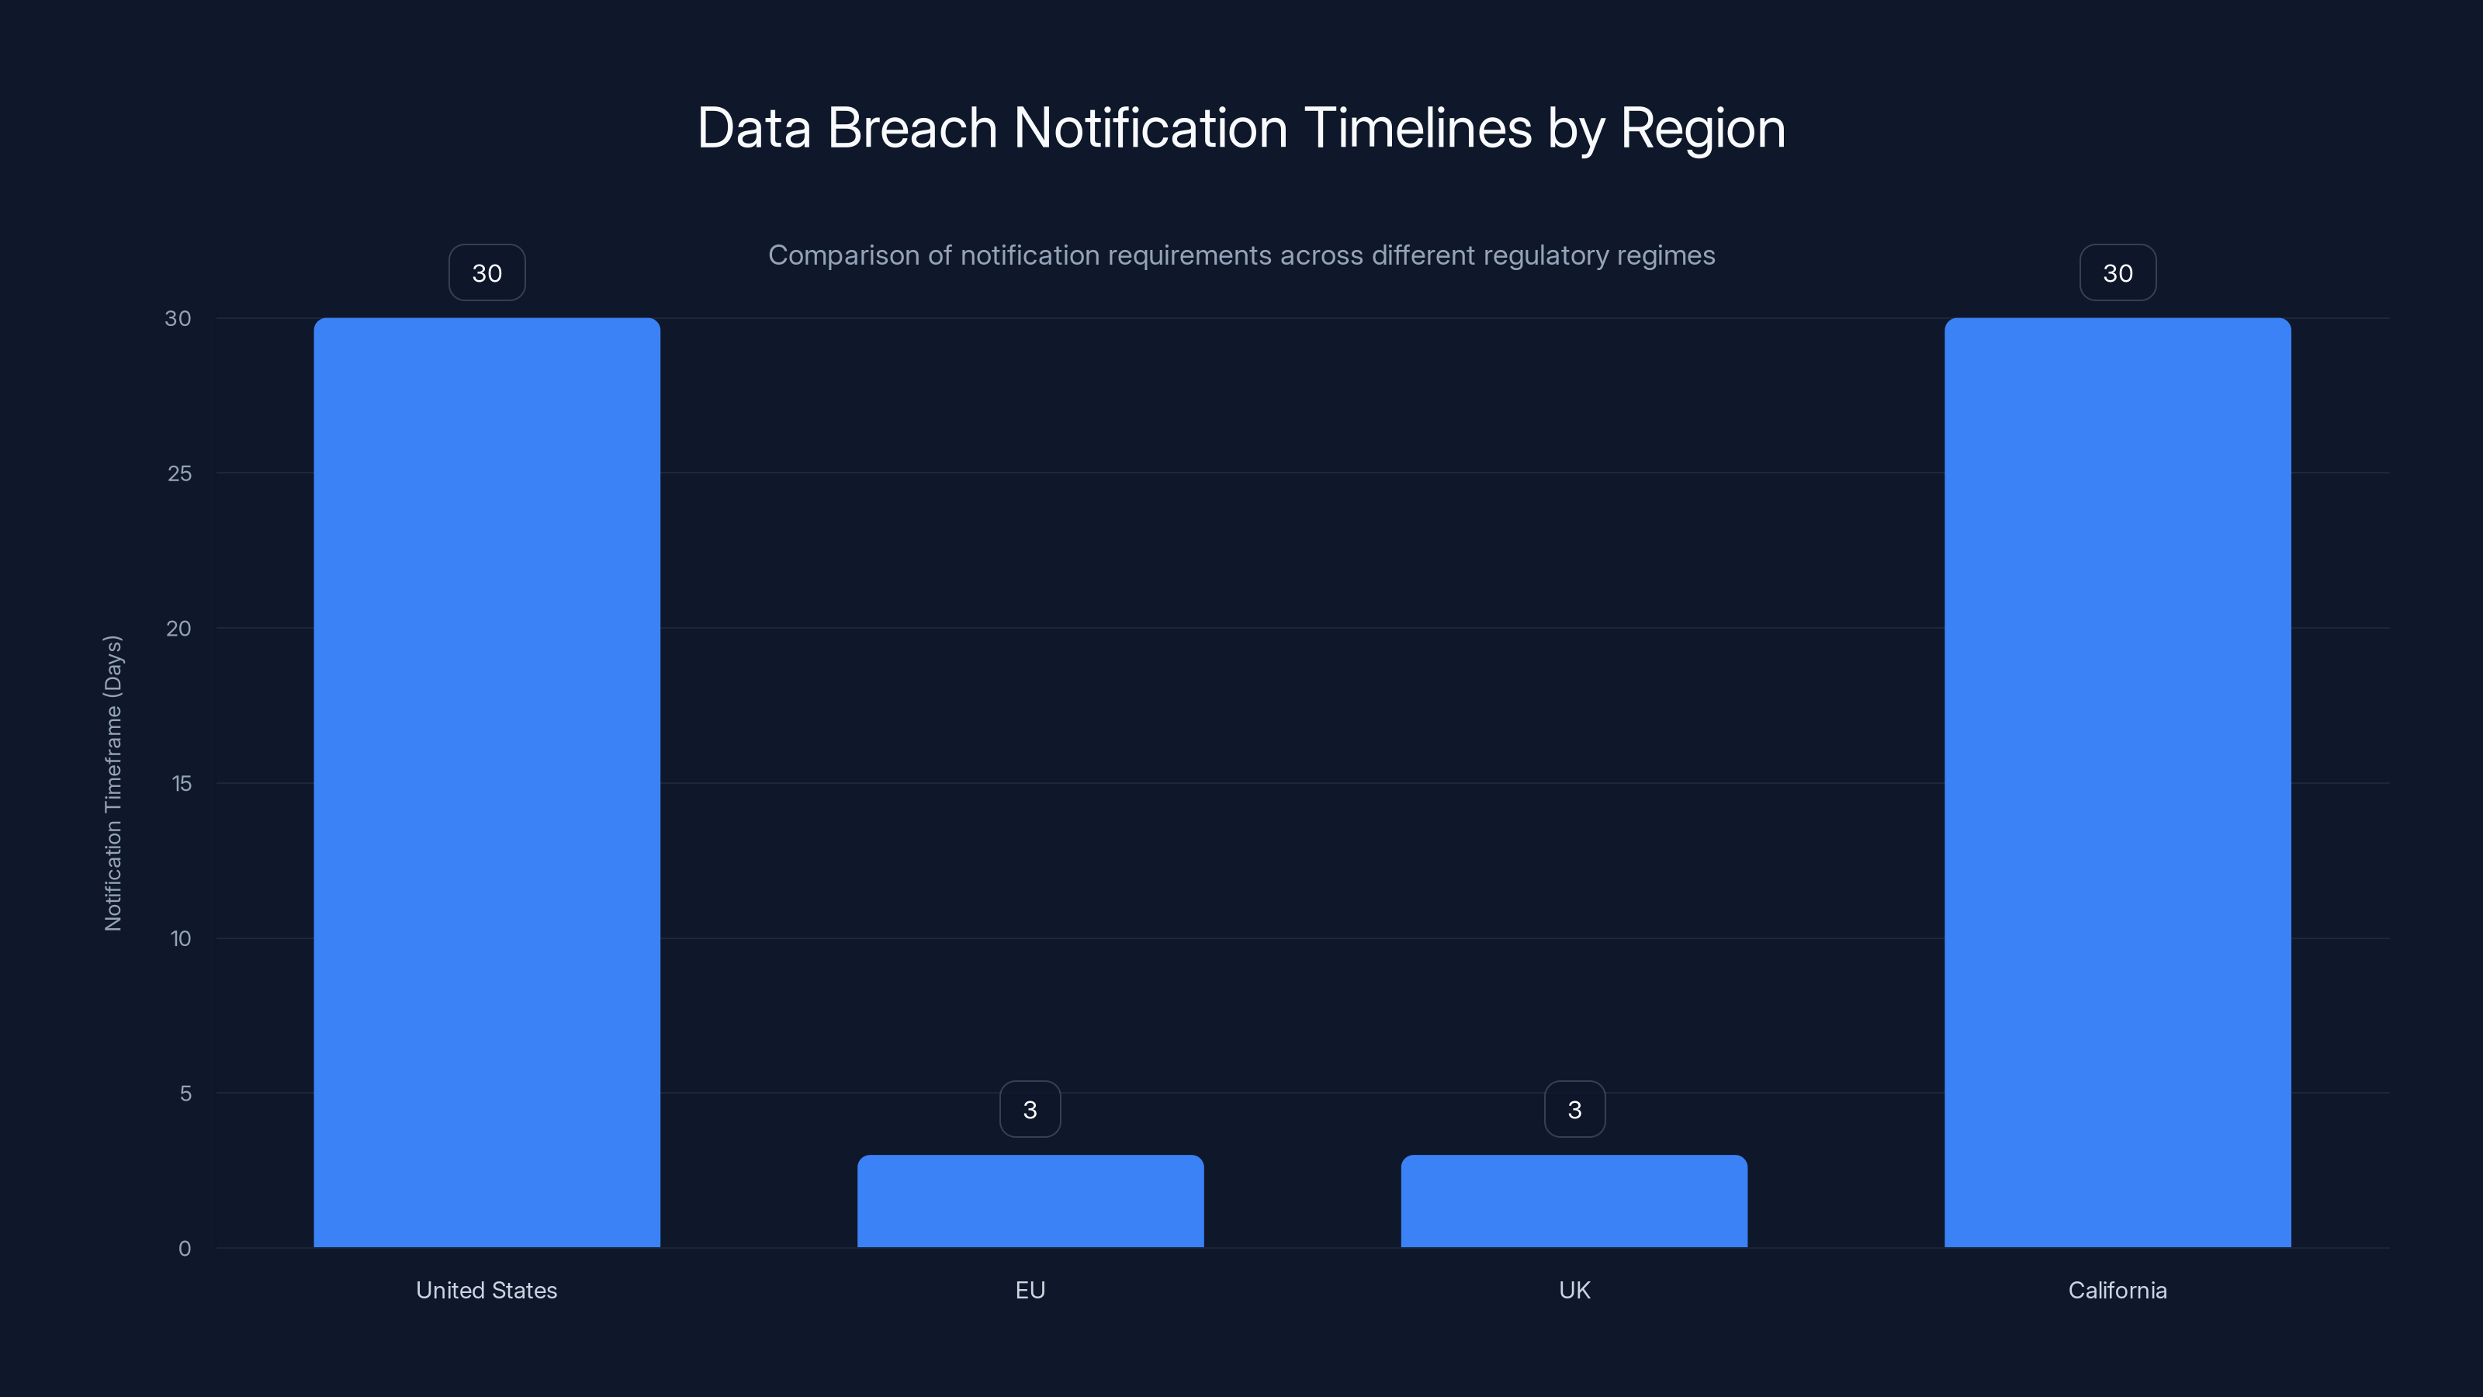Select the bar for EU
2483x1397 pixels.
tap(1030, 1201)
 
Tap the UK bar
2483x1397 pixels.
tap(1574, 1201)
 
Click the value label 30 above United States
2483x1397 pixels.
tap(487, 273)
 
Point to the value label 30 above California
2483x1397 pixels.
tap(2118, 273)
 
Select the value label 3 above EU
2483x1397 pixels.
tap(1030, 1110)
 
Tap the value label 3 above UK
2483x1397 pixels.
tap(1574, 1110)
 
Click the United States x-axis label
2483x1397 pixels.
tap(487, 1290)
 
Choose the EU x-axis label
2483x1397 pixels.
tap(1030, 1290)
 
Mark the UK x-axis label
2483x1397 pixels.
tap(1574, 1290)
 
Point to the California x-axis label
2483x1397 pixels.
tap(2118, 1290)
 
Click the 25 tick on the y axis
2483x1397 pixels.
tap(179, 473)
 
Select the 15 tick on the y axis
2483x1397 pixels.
tap(182, 784)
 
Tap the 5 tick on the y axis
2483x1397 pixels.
tap(185, 1094)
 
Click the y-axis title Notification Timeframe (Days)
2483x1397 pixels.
tap(113, 783)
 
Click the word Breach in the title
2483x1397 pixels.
tap(912, 128)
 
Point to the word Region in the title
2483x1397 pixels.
tap(1702, 128)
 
